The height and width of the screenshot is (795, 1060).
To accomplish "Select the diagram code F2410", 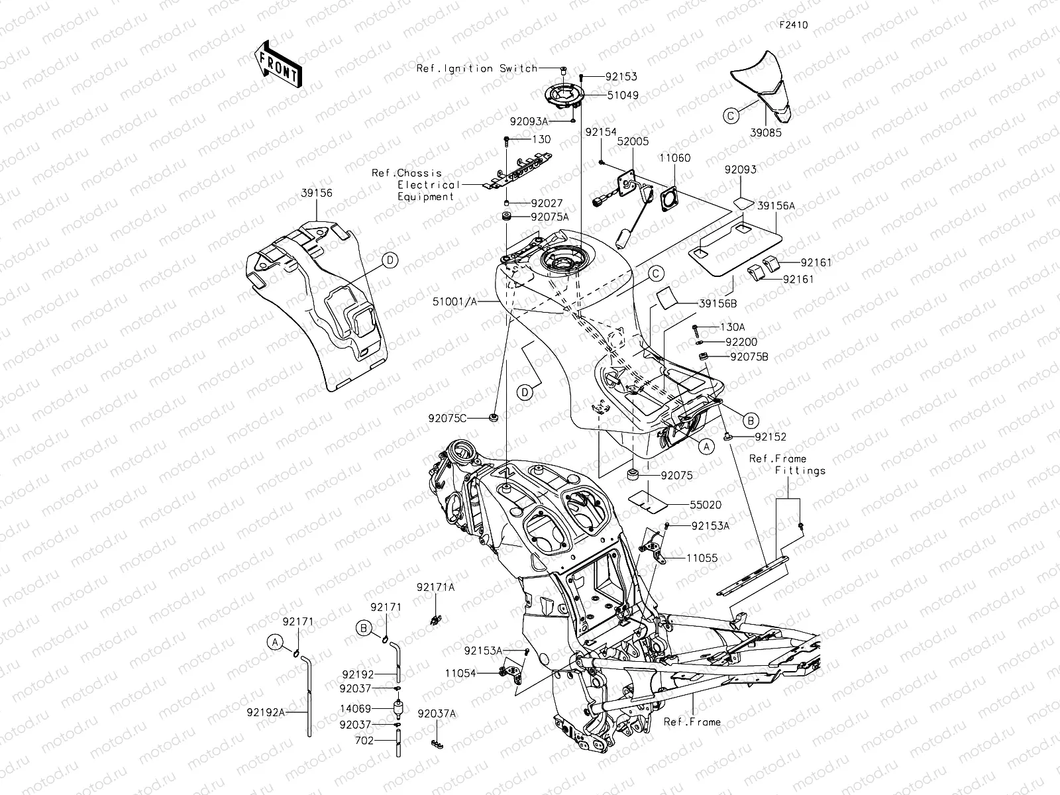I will (793, 25).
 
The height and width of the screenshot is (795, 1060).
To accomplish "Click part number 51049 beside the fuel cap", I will (623, 95).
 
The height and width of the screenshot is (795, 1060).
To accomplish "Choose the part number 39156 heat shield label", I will (317, 193).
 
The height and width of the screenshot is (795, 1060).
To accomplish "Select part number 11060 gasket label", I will (674, 158).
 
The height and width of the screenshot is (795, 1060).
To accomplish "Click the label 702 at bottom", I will (364, 741).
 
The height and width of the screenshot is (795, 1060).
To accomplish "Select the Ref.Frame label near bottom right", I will (692, 721).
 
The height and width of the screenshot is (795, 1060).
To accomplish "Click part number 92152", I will (770, 437).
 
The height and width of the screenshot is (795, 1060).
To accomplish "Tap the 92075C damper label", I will (448, 418).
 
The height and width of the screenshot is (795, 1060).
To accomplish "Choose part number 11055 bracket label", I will (702, 558).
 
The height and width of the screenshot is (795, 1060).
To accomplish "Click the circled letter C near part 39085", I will (731, 116).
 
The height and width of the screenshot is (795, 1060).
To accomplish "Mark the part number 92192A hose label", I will (266, 712).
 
